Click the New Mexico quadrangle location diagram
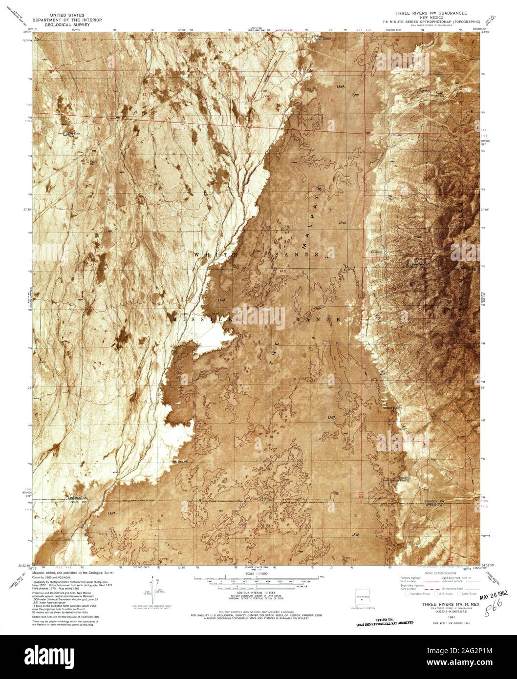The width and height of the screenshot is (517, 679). tap(362, 599)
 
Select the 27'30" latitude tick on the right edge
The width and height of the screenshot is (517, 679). tap(489, 210)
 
